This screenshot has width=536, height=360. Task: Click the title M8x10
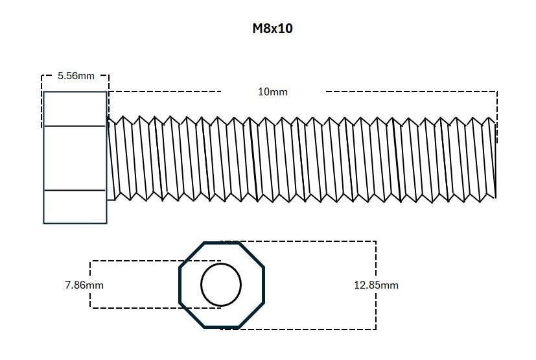point(272,29)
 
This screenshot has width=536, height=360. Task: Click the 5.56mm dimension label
point(76,75)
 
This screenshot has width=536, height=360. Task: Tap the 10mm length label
point(273,91)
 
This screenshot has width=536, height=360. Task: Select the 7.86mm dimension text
point(84,285)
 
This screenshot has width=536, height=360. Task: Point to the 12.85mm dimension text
point(376,285)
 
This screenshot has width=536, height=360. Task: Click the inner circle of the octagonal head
point(221,285)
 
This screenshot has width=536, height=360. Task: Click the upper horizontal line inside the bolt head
point(75,126)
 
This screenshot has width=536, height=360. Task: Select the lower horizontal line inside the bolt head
point(75,190)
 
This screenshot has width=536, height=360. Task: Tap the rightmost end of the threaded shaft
point(496,159)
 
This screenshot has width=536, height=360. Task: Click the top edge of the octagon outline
point(221,243)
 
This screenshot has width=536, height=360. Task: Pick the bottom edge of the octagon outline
point(221,326)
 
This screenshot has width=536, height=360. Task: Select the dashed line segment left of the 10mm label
point(165,91)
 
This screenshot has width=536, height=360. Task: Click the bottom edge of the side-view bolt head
point(75,223)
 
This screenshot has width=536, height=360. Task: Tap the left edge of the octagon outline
point(180,285)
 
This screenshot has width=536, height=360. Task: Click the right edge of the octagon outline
point(263,285)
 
